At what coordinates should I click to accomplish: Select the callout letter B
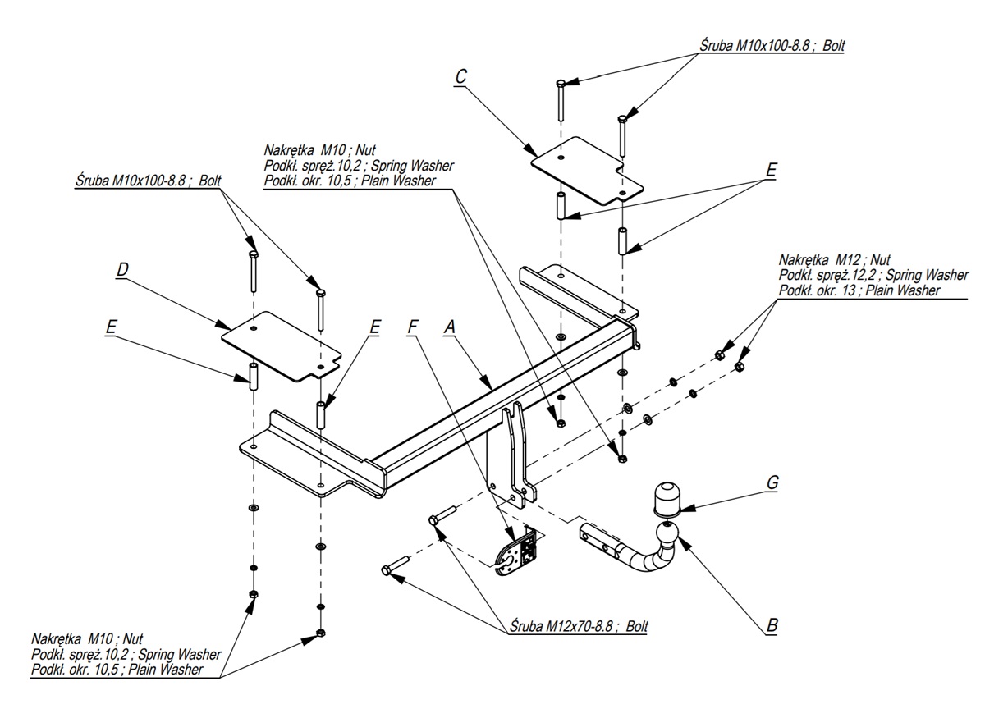pyautogui.click(x=772, y=626)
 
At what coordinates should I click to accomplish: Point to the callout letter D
pyautogui.click(x=121, y=269)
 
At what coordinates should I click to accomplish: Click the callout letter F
pyautogui.click(x=412, y=327)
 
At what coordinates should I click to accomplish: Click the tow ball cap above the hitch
pyautogui.click(x=667, y=497)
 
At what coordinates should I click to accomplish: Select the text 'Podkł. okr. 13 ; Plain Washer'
pyautogui.click(x=859, y=290)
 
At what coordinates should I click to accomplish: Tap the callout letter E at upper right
pyautogui.click(x=771, y=170)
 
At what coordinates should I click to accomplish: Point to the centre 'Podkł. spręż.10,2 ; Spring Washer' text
pyautogui.click(x=359, y=166)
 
